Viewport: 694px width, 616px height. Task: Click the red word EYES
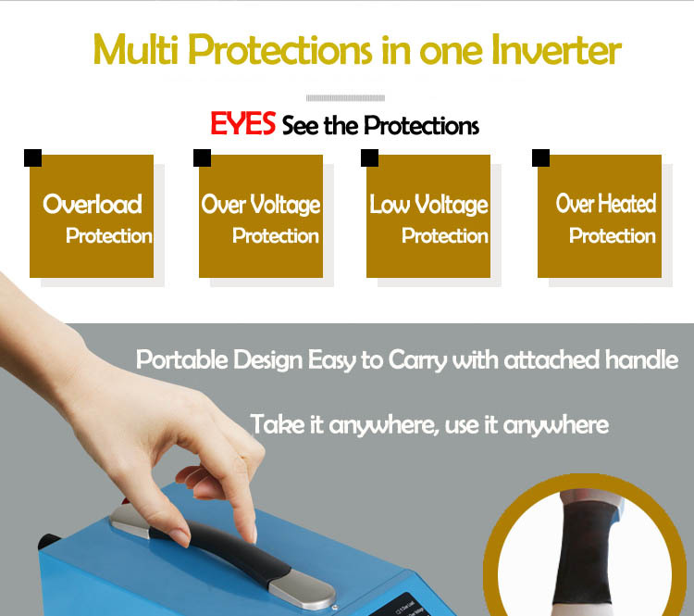(243, 123)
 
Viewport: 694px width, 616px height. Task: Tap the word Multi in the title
(135, 49)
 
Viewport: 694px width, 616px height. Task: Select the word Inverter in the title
(557, 49)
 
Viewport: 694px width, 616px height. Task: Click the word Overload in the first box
(93, 205)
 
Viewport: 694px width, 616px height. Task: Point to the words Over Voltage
(261, 205)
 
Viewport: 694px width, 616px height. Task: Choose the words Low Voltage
(428, 205)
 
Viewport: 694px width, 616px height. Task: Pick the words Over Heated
(606, 204)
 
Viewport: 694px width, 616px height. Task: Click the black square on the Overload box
(32, 157)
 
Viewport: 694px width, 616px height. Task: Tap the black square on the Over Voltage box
(203, 157)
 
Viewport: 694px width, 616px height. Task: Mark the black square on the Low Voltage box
(369, 157)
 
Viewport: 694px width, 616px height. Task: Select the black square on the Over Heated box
(541, 157)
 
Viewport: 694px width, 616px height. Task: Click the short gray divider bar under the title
(345, 98)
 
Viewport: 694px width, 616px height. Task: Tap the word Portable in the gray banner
(182, 359)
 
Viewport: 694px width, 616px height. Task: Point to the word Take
(278, 424)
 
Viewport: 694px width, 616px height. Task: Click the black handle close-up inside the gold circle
(583, 553)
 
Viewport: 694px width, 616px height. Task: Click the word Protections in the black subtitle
(422, 125)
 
